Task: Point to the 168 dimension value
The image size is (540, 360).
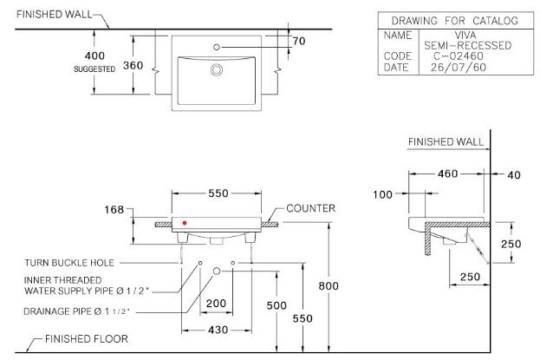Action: click(x=114, y=210)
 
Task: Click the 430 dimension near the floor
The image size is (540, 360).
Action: click(x=217, y=331)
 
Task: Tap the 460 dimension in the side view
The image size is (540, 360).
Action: click(x=446, y=174)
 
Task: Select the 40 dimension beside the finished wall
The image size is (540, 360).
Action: click(x=513, y=174)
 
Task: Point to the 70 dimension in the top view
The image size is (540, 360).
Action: click(x=299, y=41)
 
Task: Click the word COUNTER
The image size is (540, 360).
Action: click(x=309, y=210)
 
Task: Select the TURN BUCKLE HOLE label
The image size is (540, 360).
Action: click(x=69, y=262)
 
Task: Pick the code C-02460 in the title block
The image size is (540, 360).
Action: click(x=455, y=55)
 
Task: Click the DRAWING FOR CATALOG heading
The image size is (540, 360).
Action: click(x=454, y=20)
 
